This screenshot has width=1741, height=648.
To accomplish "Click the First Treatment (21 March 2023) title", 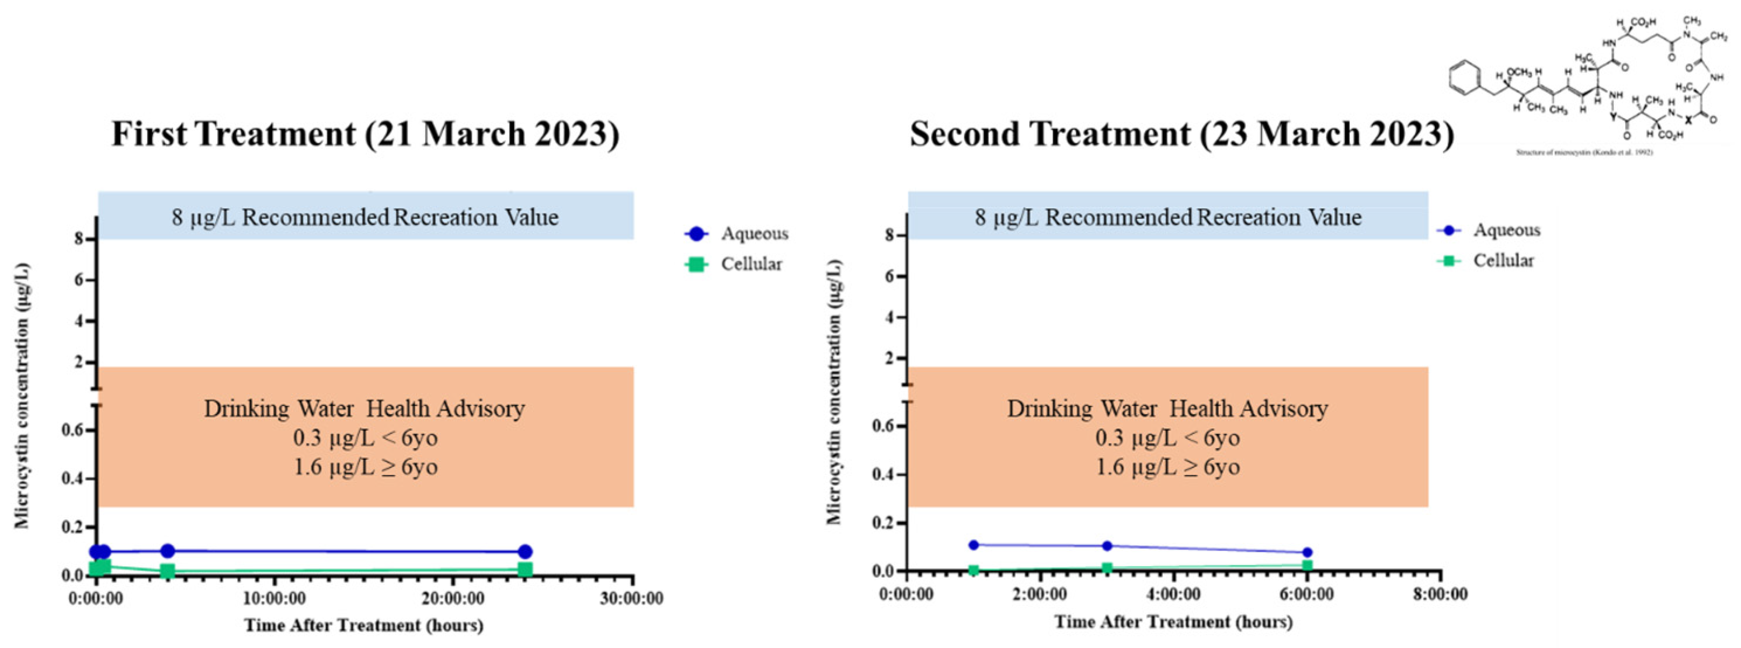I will pos(365,134).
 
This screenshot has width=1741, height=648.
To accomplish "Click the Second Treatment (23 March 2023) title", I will pos(1181,134).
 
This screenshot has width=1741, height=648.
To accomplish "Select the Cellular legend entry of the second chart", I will pos(1503,261).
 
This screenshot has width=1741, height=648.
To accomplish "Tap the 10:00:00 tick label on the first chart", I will pos(274,598).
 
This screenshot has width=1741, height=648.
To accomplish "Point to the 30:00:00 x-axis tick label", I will pos(631,598).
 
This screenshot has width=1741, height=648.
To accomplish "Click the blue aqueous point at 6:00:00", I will pos(1306,553).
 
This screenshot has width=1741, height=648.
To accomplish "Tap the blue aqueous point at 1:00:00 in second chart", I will pos(973,545).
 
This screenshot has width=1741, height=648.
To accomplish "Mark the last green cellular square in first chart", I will pos(525,570).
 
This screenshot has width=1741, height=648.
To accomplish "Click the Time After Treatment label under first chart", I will pos(364,625).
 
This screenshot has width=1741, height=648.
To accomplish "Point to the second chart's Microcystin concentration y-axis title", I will pos(835,392).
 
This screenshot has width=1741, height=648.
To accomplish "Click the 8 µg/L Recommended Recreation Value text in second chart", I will pos(1167,218).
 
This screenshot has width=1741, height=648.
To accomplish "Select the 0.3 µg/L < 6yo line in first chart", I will pos(365,438).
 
